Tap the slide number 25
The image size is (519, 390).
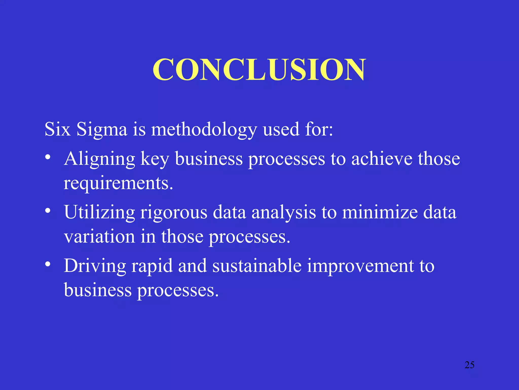pyautogui.click(x=469, y=365)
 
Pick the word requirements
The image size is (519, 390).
pyautogui.click(x=118, y=183)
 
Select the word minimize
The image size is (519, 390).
pyautogui.click(x=380, y=212)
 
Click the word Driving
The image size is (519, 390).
pyautogui.click(x=95, y=266)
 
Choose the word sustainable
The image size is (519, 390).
pyautogui.click(x=257, y=266)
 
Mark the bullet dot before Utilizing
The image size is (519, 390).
pyautogui.click(x=48, y=211)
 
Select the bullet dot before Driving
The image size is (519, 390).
pyautogui.click(x=48, y=264)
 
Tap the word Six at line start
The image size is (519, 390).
pyautogui.click(x=57, y=129)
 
